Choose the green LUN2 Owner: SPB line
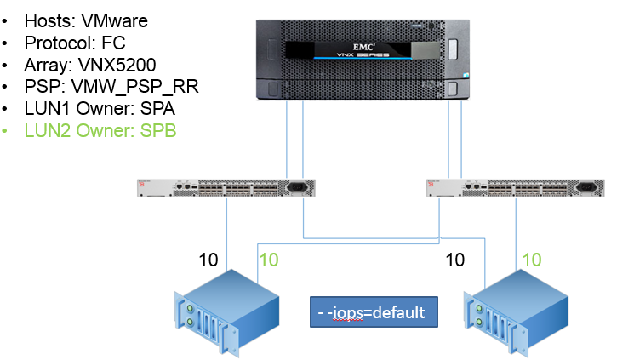101,132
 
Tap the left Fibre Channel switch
226,188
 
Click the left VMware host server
226,311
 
